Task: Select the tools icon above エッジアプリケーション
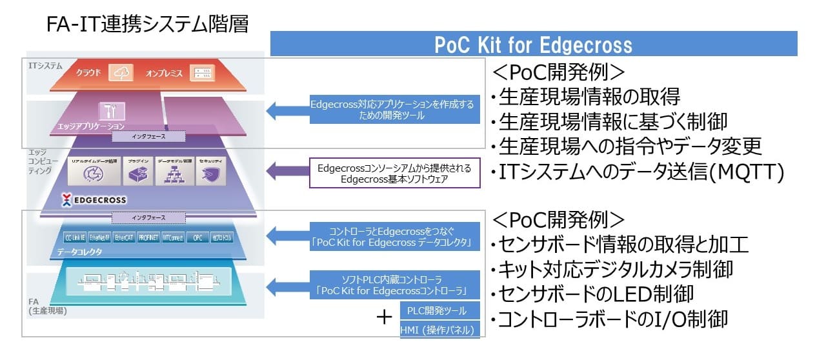pos(106,110)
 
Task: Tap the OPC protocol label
pos(197,237)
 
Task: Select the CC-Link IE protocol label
pos(76,237)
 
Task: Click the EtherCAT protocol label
pos(124,237)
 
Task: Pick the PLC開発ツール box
pos(441,311)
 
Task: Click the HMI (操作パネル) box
pos(441,330)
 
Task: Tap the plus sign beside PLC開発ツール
pos(385,317)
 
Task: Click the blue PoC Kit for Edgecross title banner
pos(533,45)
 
